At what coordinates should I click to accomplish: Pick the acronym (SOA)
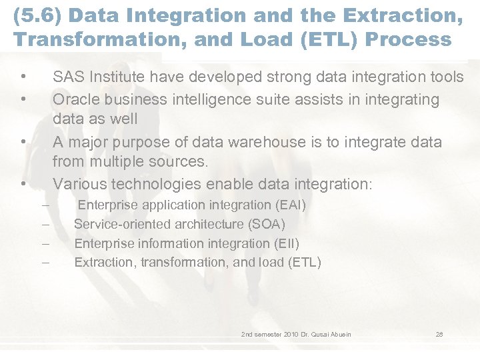[265, 224]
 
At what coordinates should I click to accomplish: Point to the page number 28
[439, 334]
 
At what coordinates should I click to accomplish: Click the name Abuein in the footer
[339, 334]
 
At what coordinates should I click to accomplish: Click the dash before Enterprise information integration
[45, 244]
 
